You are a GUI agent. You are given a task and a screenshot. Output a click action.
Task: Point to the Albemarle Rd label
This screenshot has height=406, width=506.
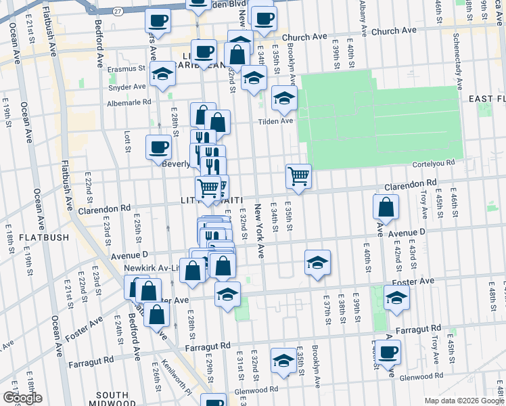point(129,103)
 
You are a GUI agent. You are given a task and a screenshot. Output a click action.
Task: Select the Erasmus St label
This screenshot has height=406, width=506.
point(132,68)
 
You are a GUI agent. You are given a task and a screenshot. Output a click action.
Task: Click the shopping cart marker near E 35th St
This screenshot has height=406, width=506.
point(298,177)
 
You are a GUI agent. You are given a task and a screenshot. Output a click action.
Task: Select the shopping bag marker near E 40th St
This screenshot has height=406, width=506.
point(385,208)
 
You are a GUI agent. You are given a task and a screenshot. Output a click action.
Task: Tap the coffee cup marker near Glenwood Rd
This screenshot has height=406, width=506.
point(388,352)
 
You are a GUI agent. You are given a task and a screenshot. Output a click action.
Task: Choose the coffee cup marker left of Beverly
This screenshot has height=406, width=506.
point(159,147)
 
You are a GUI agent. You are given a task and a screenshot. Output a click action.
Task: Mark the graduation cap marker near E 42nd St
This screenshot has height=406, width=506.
point(396,297)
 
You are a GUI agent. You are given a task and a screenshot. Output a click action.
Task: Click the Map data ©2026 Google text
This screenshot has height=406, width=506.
point(463,401)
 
